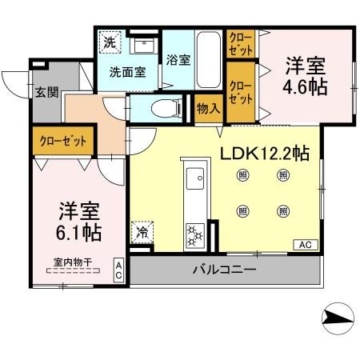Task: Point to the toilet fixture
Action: point(161,108)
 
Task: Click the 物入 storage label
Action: point(209,108)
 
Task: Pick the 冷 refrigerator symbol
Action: point(142,234)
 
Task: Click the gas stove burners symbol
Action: point(195,235)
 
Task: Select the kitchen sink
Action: point(195,178)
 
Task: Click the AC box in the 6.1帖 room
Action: point(118,270)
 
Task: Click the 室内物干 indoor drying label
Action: point(69,260)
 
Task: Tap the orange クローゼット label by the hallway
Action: point(63,141)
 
